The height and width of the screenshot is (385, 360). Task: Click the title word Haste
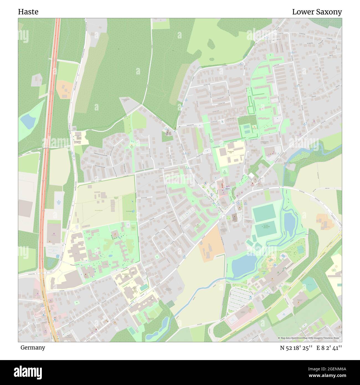(28, 12)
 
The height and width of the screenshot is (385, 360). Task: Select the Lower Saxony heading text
(317, 12)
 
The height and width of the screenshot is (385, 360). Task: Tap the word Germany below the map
(33, 347)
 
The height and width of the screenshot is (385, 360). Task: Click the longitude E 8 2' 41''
(329, 348)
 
